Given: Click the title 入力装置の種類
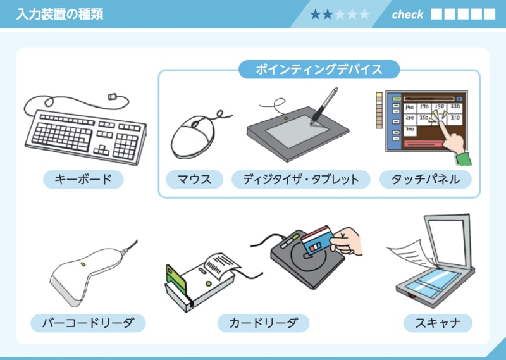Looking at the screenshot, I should pyautogui.click(x=59, y=14).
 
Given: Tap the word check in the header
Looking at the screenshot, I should pyautogui.click(x=407, y=14).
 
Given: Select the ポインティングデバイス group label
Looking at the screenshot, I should pyautogui.click(x=319, y=70).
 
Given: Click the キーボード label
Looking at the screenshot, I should pyautogui.click(x=83, y=180).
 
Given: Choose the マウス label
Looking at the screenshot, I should pyautogui.click(x=195, y=180).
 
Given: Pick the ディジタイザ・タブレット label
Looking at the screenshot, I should pyautogui.click(x=300, y=180).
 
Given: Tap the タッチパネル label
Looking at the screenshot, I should pyautogui.click(x=425, y=180).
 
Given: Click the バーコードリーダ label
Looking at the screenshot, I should pyautogui.click(x=88, y=323).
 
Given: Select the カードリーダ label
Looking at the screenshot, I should pyautogui.click(x=263, y=323).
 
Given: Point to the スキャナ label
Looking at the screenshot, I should pyautogui.click(x=438, y=323).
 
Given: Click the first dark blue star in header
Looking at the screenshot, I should pyautogui.click(x=316, y=15).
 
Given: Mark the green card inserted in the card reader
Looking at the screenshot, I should pyautogui.click(x=172, y=275).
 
